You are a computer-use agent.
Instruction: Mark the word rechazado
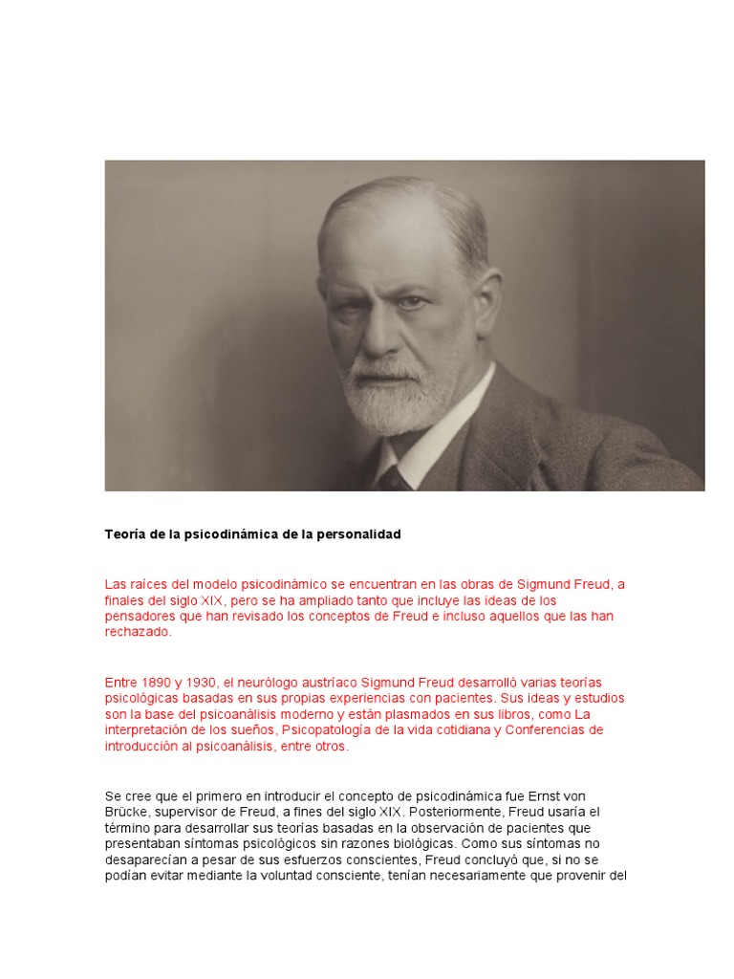coord(138,632)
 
